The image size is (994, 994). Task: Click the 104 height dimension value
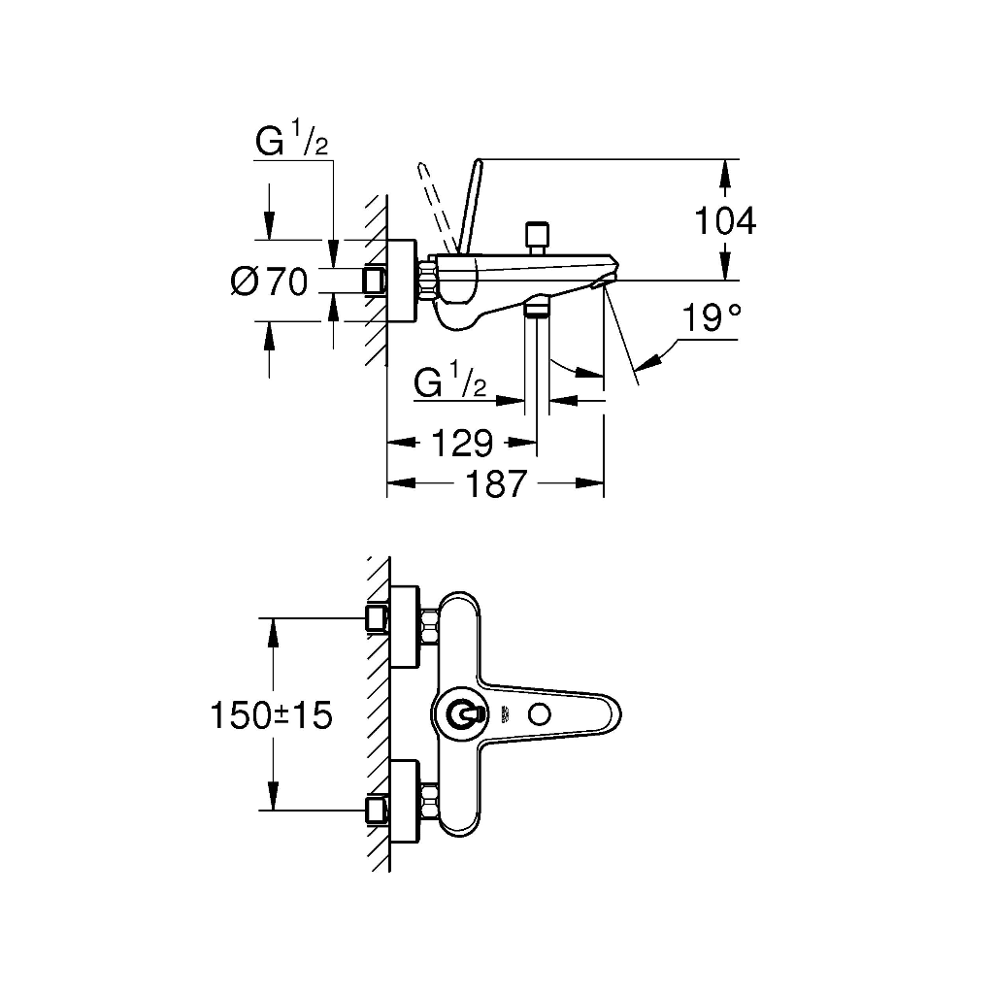coord(725,221)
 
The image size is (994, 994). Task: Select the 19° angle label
coord(712,317)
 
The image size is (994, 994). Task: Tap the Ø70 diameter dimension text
coord(269,281)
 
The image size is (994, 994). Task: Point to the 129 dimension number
coord(461,443)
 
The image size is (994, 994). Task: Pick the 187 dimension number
coord(496,483)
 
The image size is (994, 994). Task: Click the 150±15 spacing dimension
coord(271,715)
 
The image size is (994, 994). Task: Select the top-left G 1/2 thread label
coord(291,140)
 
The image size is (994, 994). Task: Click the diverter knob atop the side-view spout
coord(537,238)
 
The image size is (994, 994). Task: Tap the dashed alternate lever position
coord(436,207)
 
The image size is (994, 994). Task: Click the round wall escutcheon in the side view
coord(402,281)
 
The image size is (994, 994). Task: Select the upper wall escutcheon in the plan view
coord(405,626)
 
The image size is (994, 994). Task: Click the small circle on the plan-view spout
coord(540,715)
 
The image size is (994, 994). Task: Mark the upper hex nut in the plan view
coord(430,626)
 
